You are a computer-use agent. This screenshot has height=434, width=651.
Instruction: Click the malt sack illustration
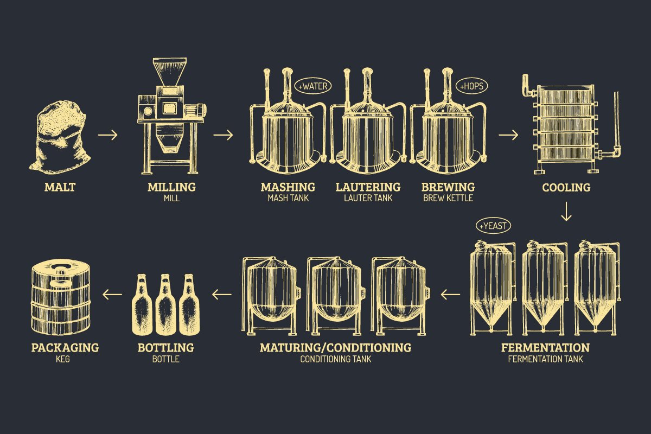(61, 138)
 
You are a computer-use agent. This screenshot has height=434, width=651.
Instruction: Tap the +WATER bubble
(312, 86)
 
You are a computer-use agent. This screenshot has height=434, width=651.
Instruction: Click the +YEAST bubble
(493, 226)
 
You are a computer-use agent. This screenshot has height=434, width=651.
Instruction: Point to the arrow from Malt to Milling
(107, 135)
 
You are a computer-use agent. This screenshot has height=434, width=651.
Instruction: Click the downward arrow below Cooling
(566, 212)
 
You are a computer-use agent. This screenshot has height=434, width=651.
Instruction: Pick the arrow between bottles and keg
(113, 295)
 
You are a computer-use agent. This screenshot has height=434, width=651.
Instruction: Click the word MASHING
(288, 187)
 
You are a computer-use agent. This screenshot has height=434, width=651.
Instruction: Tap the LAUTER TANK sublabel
(368, 199)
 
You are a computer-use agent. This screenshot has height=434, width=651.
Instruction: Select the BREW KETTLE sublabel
(448, 199)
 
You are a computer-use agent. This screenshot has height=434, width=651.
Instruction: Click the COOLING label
(566, 188)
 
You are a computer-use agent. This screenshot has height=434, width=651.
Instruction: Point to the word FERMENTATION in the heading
(545, 347)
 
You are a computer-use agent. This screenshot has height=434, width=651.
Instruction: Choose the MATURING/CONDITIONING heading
(335, 347)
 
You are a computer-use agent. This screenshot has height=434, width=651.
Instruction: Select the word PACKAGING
(65, 347)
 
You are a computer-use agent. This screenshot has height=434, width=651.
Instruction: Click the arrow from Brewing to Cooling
(508, 135)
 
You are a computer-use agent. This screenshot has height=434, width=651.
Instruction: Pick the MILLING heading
(171, 187)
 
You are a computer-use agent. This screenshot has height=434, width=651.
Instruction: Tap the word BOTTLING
(165, 347)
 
